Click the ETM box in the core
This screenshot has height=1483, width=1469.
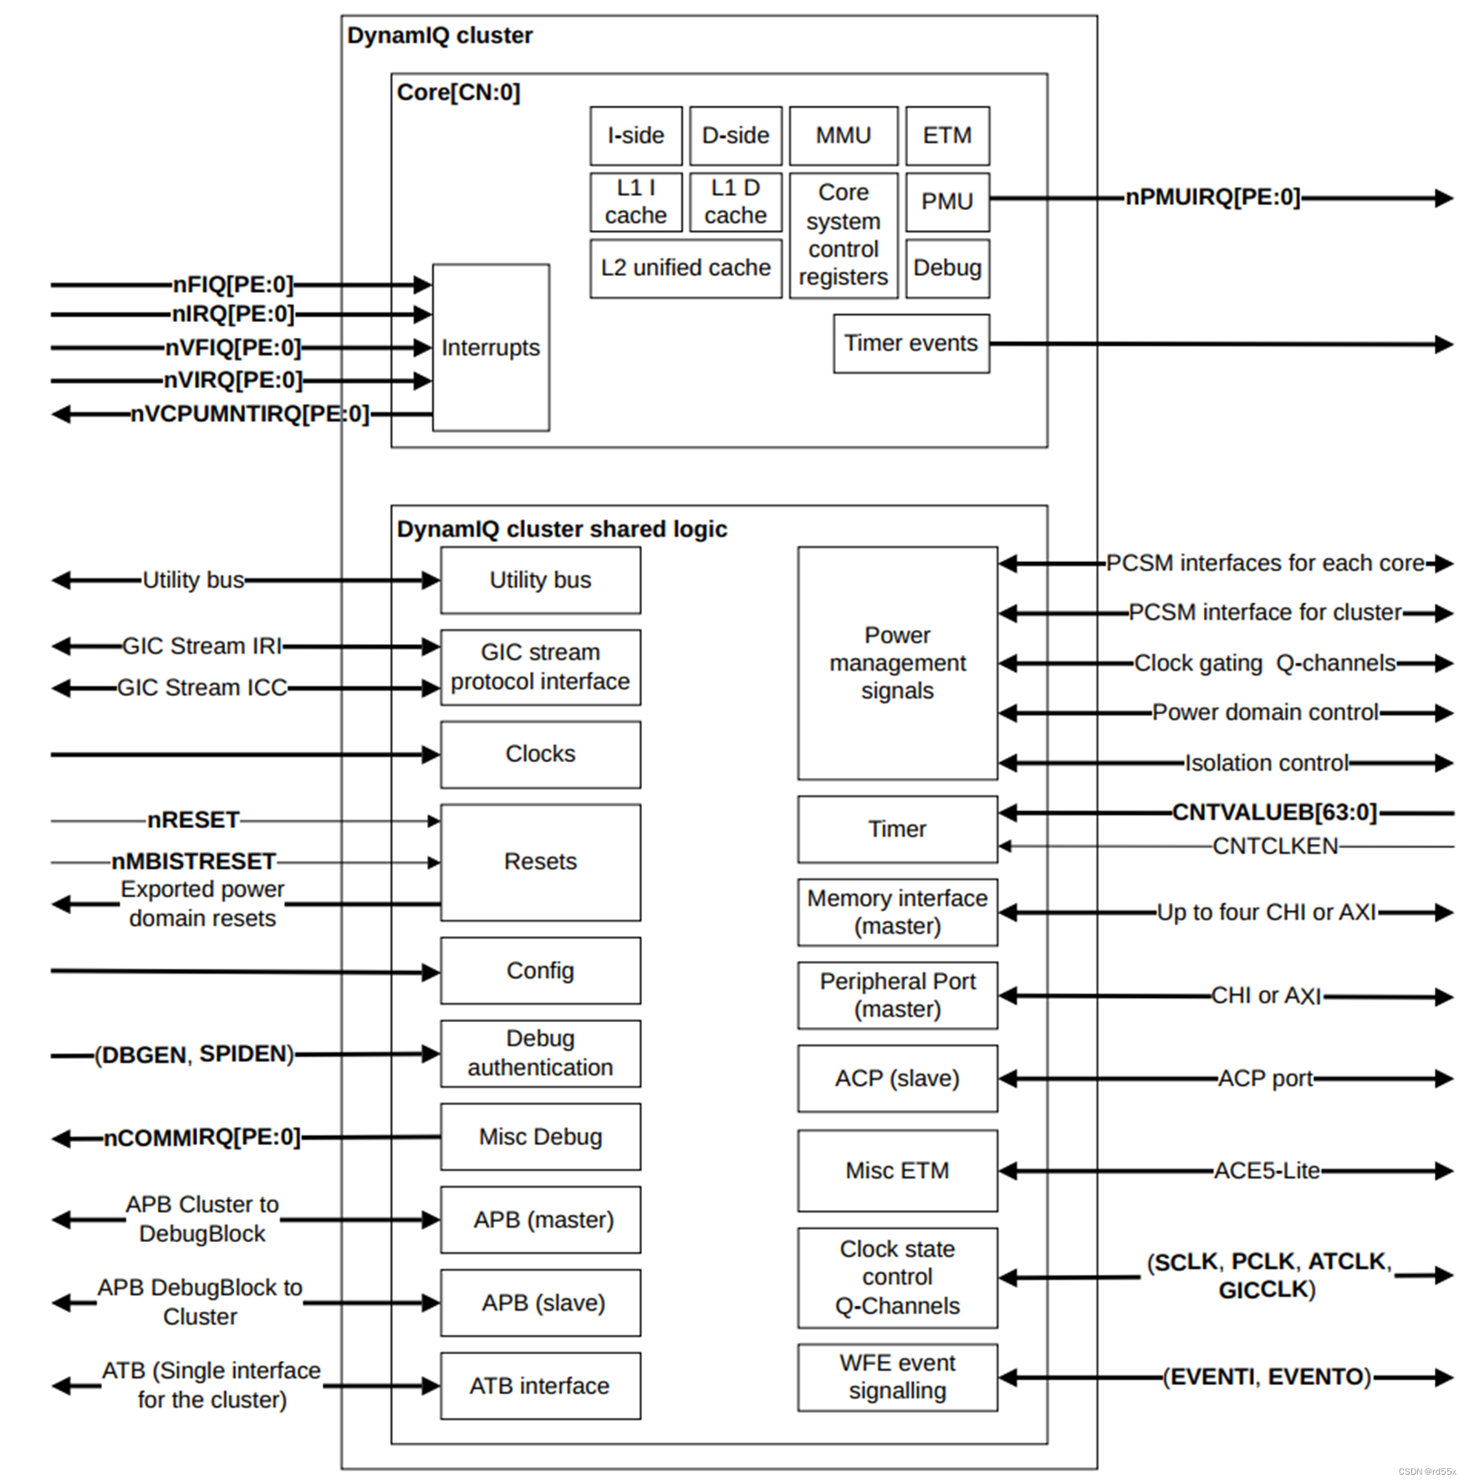(x=946, y=136)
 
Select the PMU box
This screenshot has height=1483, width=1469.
(x=946, y=202)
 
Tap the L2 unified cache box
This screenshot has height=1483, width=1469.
(x=685, y=268)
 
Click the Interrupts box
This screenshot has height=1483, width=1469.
(x=490, y=347)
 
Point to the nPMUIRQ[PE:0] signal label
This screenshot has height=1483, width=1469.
(x=1211, y=197)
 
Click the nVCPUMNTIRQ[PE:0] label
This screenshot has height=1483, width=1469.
(x=249, y=414)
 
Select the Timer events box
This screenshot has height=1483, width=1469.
(x=910, y=343)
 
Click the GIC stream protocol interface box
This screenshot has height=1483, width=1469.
(x=540, y=667)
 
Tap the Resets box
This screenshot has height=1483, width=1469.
(x=540, y=862)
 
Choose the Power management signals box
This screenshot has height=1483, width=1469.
(x=897, y=662)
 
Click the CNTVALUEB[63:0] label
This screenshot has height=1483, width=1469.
(x=1273, y=812)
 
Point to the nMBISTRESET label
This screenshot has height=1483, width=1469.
(x=193, y=862)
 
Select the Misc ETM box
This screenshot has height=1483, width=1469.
(x=897, y=1170)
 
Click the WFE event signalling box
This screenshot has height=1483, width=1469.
(x=897, y=1377)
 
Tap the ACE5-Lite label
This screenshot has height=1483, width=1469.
(x=1267, y=1170)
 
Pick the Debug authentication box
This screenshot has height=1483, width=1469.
(x=540, y=1053)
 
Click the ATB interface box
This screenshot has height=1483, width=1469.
(x=540, y=1386)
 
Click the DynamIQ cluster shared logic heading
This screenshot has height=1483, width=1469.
(x=561, y=529)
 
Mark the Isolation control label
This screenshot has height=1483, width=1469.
(x=1266, y=763)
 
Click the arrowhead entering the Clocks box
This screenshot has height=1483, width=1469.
(x=431, y=754)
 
